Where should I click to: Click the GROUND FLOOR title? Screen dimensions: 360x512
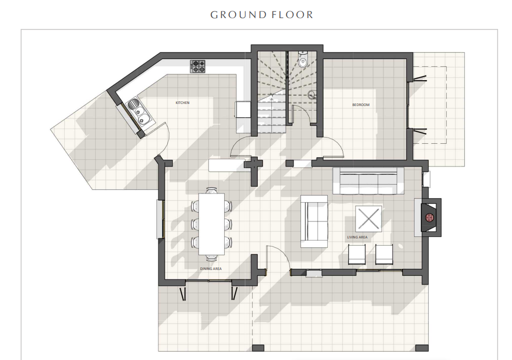261,14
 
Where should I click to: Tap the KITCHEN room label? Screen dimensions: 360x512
182,103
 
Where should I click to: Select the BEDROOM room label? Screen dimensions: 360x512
361,105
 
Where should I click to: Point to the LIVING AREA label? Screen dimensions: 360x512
357,237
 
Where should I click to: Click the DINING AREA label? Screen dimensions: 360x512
211,269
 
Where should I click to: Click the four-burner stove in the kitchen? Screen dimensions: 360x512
198,66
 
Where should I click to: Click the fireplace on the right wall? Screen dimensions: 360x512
429,217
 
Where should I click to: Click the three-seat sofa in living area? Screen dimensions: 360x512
368,182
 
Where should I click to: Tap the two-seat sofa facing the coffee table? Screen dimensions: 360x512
314,218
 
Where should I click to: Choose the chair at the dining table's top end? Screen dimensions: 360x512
211,190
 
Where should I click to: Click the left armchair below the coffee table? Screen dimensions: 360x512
357,254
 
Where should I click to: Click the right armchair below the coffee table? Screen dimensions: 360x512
384,254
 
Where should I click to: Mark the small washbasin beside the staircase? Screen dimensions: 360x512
312,95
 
